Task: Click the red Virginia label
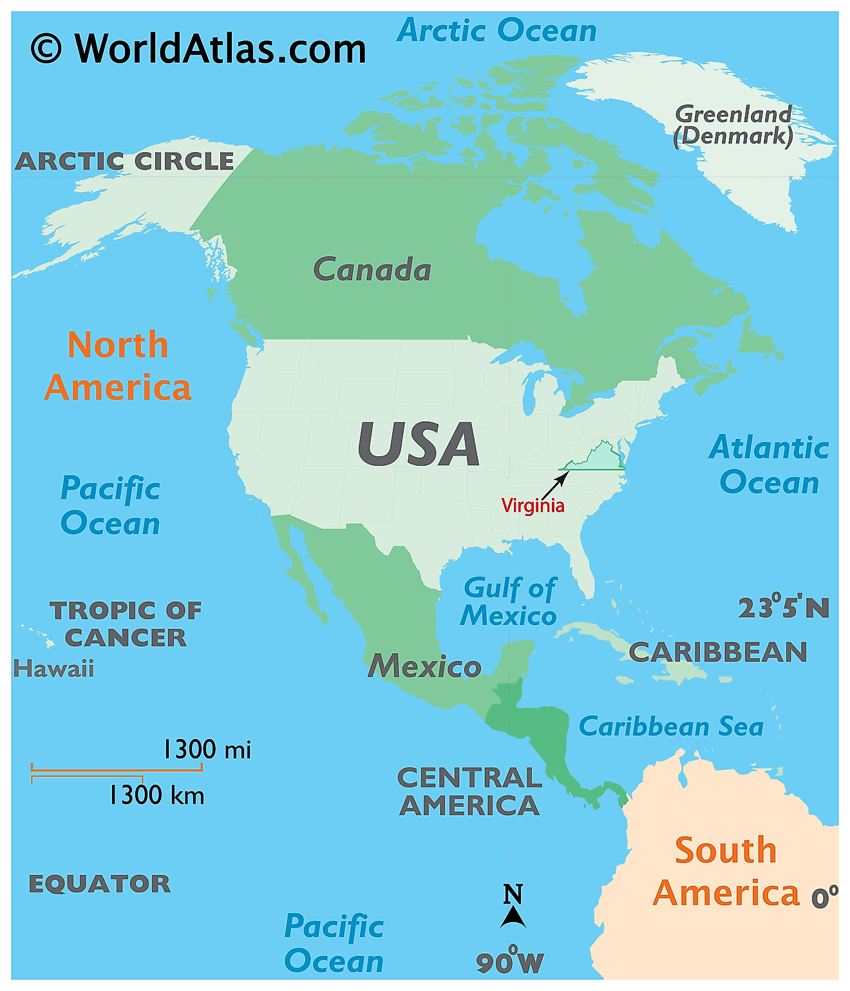pos(533,505)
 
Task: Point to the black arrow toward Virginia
pos(556,485)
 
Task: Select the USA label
pos(419,445)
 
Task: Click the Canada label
pos(372,269)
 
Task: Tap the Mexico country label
pos(424,666)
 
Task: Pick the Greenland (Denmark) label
pos(733,125)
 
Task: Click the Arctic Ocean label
pos(497,30)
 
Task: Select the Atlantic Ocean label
pos(769,465)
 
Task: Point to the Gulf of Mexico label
pos(509,602)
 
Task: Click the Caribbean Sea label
pos(671,727)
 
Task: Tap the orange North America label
pos(118,366)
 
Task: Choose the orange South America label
pos(726,871)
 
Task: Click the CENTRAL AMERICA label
pos(469,791)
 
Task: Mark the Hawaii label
pos(54,669)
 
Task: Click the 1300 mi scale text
pos(207,749)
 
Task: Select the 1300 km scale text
pos(156,795)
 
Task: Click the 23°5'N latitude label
pos(783,608)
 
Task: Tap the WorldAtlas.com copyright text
pos(198,48)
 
